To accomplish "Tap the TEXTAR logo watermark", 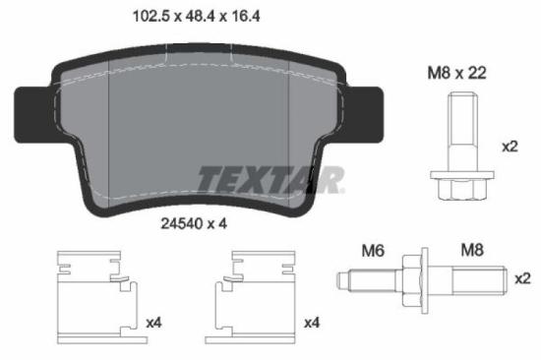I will click(x=270, y=180).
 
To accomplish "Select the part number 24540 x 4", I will click(x=195, y=223).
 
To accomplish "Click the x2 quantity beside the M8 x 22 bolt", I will click(x=510, y=147).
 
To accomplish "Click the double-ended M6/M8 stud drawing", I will click(x=424, y=281).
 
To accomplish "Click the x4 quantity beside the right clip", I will click(x=312, y=322).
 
